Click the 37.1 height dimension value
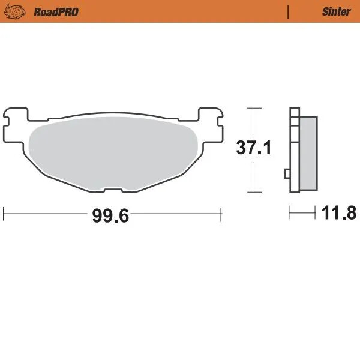point(253,148)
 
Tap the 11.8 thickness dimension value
point(339,213)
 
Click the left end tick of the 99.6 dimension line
point(4,212)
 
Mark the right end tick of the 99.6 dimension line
point(222,212)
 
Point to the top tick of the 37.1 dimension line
point(255,108)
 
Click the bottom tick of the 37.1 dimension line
point(255,193)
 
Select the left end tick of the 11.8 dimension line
point(290,212)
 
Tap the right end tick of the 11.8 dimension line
point(316,212)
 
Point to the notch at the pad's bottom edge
point(113,190)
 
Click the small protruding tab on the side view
point(287,174)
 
